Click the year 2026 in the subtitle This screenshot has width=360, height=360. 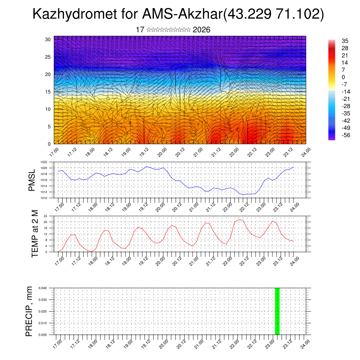201,30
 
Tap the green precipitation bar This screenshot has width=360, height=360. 277,311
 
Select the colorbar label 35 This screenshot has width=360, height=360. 345,41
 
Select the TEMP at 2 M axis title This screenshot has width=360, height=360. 35,234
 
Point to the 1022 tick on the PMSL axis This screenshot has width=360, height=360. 44,162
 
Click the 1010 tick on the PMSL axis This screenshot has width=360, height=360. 44,198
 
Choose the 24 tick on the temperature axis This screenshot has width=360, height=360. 46,216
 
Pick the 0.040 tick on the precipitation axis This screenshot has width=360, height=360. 43,288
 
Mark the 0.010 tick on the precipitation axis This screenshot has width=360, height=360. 43,323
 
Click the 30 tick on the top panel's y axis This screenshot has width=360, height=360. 48,39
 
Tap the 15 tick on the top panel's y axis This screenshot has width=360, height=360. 48,92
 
